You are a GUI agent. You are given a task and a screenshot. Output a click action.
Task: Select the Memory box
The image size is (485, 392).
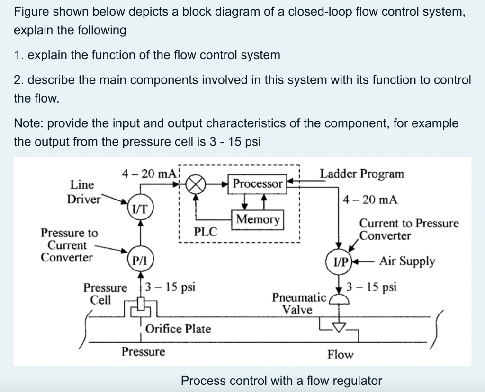(x=258, y=219)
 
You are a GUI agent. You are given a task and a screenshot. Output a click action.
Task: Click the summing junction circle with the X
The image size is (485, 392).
(x=196, y=183)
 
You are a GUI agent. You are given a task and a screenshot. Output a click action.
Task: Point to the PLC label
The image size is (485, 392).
(x=206, y=232)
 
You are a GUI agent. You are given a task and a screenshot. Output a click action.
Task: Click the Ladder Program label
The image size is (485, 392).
(x=362, y=174)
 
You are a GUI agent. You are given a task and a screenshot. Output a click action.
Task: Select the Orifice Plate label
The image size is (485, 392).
(x=179, y=329)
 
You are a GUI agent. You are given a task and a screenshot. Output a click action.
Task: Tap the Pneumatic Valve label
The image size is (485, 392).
(x=299, y=304)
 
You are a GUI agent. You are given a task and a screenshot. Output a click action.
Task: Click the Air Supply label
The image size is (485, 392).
(x=406, y=261)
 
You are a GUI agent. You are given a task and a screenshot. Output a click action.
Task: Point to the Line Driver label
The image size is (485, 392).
(x=84, y=192)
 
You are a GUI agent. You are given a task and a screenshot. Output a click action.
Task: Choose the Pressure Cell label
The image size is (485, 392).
(x=105, y=294)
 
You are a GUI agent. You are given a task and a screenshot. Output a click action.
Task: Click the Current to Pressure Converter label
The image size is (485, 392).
(x=408, y=229)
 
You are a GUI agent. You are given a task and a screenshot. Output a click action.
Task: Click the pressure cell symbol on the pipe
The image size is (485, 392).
(x=140, y=305)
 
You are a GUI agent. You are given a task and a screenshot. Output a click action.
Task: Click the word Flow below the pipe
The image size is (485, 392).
(x=340, y=355)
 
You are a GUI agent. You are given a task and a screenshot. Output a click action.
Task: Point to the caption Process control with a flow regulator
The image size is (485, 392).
(x=281, y=380)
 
